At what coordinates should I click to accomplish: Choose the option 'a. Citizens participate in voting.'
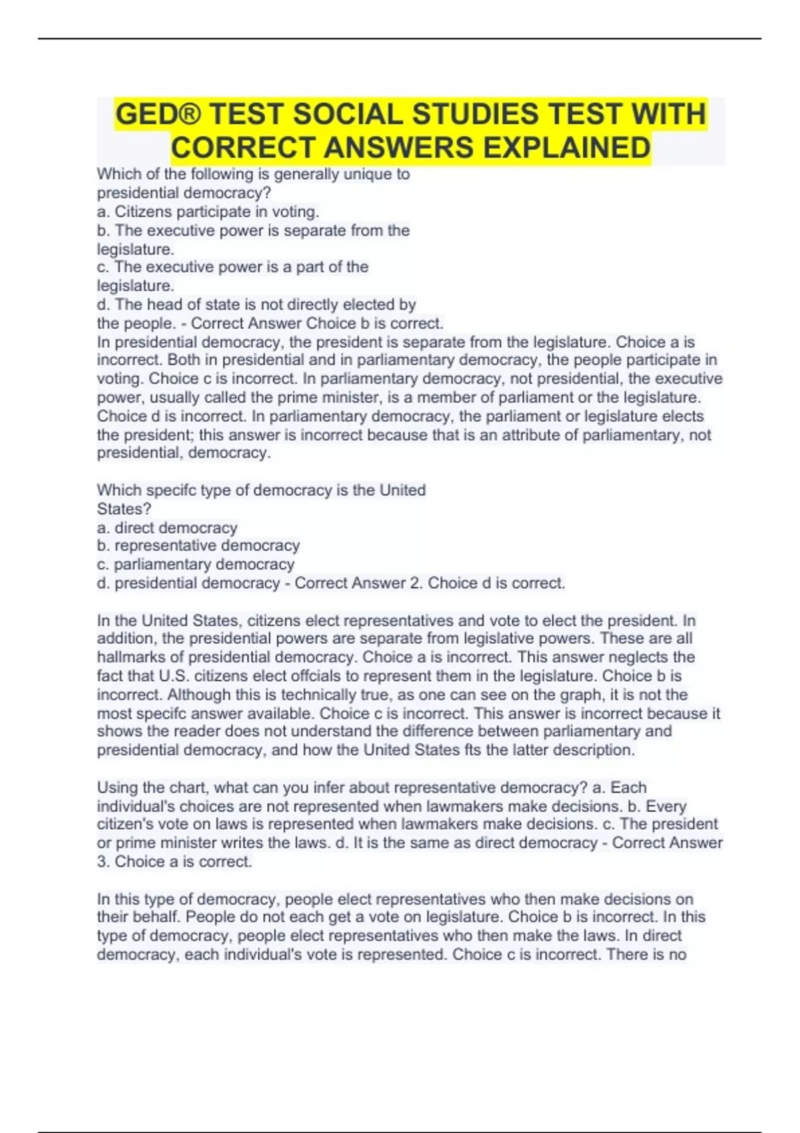[x=208, y=212]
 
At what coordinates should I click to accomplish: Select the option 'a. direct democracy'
[x=167, y=528]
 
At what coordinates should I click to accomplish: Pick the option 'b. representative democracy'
[x=198, y=546]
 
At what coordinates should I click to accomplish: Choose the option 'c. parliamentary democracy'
[x=195, y=565]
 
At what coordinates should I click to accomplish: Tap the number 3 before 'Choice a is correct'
[x=101, y=862]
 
